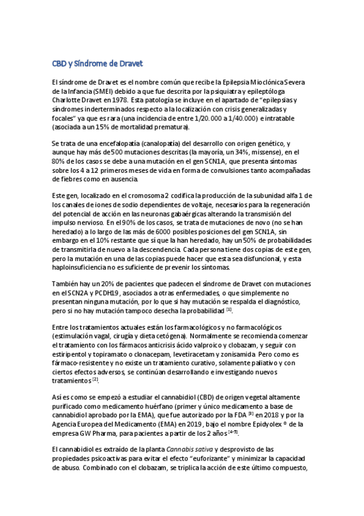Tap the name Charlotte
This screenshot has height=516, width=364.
(x=67, y=99)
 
